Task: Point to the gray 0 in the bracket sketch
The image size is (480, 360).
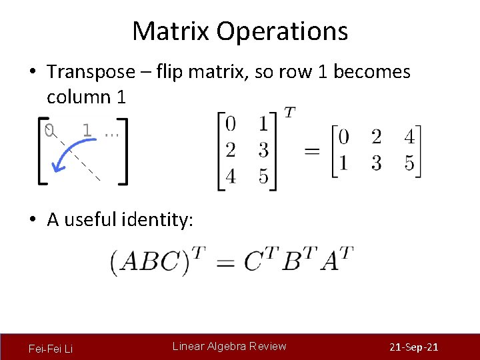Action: pyautogui.click(x=48, y=131)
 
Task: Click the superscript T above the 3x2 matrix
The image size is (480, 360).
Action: pyautogui.click(x=289, y=113)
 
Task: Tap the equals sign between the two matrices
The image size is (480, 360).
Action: pyautogui.click(x=311, y=151)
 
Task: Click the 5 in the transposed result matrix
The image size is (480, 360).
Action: pyautogui.click(x=409, y=163)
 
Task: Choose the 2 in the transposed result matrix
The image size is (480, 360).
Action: pyautogui.click(x=376, y=137)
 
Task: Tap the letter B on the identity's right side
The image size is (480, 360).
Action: pyautogui.click(x=292, y=262)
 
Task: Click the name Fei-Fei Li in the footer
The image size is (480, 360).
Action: pyautogui.click(x=51, y=348)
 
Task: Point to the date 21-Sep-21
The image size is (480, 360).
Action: pyautogui.click(x=413, y=348)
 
